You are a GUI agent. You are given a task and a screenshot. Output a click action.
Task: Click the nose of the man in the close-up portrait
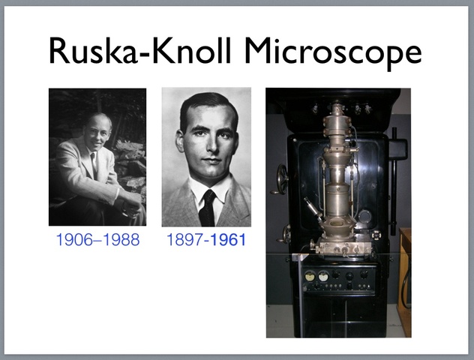pos(211,149)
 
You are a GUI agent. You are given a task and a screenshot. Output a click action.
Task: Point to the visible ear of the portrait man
pos(180,142)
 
